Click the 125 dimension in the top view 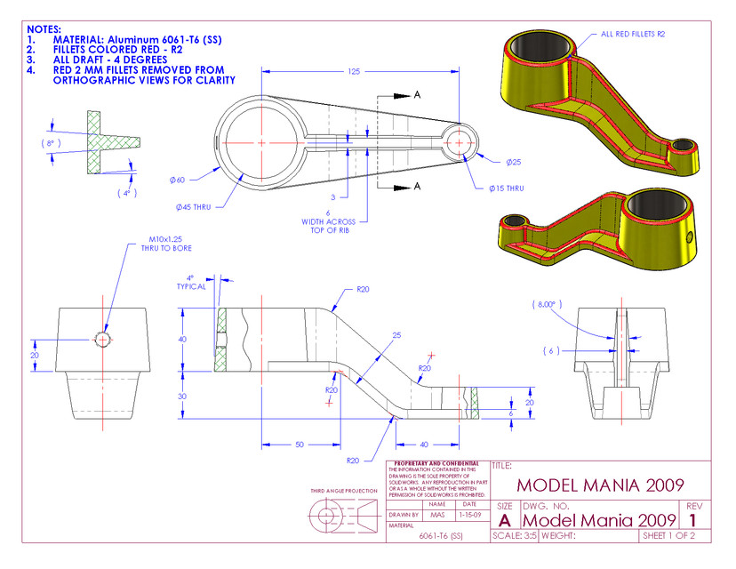(353, 70)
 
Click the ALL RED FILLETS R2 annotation (633, 34)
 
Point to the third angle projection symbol (343, 517)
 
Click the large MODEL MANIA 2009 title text (600, 485)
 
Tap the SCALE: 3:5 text (515, 536)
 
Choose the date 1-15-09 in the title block (469, 514)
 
